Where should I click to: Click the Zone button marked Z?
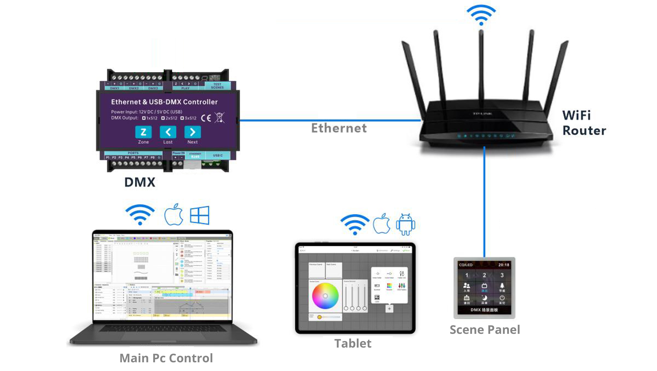[x=143, y=132]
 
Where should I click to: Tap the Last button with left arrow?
[x=168, y=132]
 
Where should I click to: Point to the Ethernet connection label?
[x=339, y=128]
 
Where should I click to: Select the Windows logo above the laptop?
[x=199, y=215]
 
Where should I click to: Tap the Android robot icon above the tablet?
[x=406, y=224]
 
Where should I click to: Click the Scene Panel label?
[x=485, y=330]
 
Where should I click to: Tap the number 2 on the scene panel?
[x=484, y=275]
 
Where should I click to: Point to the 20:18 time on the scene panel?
[x=503, y=265]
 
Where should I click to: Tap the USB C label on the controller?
[x=218, y=155]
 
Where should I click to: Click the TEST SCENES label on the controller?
[x=217, y=86]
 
